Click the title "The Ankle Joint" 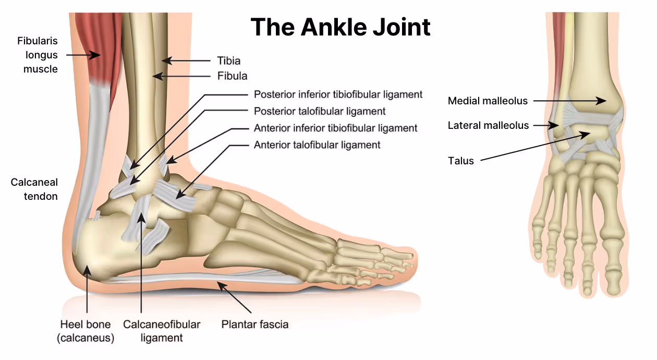(340, 27)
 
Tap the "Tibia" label (229, 61)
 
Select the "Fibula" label (232, 76)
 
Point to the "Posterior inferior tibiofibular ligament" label (338, 94)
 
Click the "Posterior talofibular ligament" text (320, 111)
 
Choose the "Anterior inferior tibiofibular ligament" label (335, 128)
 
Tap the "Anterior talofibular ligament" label (317, 145)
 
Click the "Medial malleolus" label (488, 101)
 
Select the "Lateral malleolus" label (488, 125)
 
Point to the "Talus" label (461, 161)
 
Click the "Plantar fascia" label (254, 325)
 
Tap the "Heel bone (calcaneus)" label (86, 331)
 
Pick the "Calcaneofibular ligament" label (162, 331)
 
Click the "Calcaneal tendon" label (34, 189)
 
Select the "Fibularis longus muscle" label (38, 55)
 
